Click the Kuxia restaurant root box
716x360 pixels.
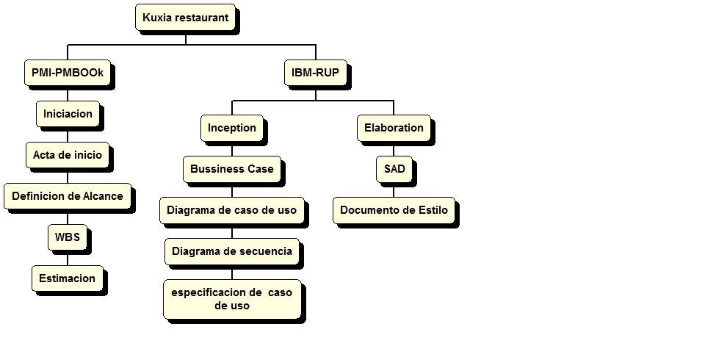point(185,17)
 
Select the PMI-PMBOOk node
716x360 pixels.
point(67,73)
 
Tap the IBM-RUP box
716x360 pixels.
point(316,73)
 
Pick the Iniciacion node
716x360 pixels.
point(68,114)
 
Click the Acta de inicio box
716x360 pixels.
point(68,155)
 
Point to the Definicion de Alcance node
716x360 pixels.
point(68,196)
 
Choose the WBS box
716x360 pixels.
point(68,237)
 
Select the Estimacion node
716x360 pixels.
point(68,278)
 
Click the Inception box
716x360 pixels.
point(232,128)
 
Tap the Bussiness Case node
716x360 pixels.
point(232,169)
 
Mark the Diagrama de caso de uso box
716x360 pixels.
point(232,210)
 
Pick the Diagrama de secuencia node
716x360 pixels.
point(232,251)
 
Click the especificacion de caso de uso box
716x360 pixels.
point(232,299)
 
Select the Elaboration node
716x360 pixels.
point(394,128)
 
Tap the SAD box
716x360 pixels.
point(394,169)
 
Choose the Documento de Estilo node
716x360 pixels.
point(394,210)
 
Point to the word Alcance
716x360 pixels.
point(105,196)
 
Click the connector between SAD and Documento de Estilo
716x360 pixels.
point(394,190)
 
